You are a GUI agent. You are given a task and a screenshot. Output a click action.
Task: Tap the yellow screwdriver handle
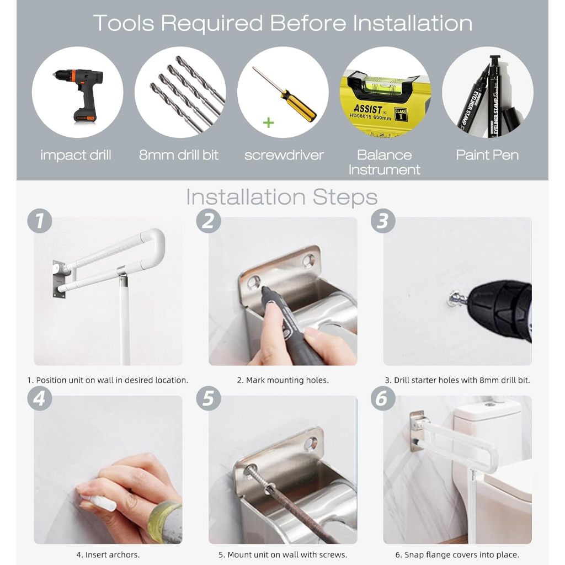click(x=299, y=106)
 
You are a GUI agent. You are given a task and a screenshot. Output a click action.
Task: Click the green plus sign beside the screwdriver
click(x=268, y=123)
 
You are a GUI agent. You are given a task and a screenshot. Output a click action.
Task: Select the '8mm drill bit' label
click(x=179, y=155)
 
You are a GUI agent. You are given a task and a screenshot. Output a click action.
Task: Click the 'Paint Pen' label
click(x=487, y=155)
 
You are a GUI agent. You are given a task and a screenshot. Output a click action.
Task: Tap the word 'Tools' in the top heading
click(x=124, y=23)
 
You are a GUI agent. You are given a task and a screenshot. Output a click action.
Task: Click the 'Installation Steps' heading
click(x=281, y=197)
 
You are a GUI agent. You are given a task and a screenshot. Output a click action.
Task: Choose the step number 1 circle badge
click(x=40, y=221)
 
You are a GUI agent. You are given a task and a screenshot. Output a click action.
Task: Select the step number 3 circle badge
click(x=383, y=221)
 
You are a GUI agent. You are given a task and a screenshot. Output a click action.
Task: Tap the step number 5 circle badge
click(x=208, y=398)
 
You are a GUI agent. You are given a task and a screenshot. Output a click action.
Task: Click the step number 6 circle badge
click(x=383, y=398)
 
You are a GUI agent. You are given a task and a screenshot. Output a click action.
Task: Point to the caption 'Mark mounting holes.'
click(x=287, y=380)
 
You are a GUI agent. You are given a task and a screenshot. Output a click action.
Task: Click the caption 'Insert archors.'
click(x=112, y=555)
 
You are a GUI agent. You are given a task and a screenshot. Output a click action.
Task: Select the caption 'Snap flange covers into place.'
click(x=462, y=555)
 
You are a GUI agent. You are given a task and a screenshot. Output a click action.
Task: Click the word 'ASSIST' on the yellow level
click(x=367, y=109)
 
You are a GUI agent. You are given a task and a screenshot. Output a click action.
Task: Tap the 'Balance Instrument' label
click(x=384, y=162)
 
